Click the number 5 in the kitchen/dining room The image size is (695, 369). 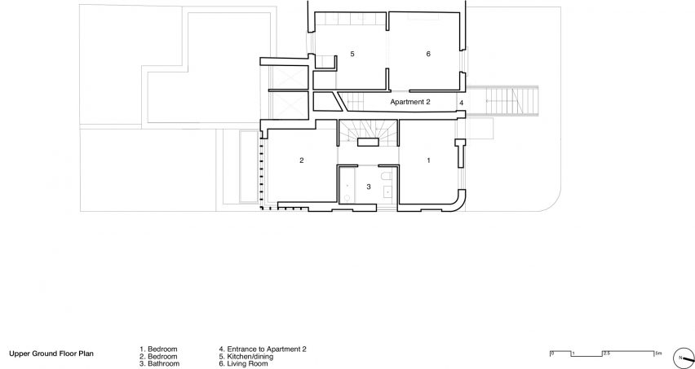pos(352,54)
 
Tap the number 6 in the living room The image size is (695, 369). pos(428,54)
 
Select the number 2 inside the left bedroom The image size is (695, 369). pos(302,160)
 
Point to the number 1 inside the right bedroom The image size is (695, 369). pos(428,160)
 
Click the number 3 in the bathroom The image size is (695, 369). pos(369,187)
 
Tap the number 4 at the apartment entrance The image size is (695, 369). pos(462,103)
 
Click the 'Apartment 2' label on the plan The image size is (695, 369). pos(410,102)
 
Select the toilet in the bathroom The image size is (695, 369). pos(387,176)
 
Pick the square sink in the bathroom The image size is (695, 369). pos(387,191)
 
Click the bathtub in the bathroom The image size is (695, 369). pos(347,186)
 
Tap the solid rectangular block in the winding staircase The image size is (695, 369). pos(369,142)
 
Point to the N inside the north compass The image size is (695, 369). pos(680,357)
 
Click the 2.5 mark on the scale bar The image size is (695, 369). pos(606,353)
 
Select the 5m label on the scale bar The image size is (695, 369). pos(658,353)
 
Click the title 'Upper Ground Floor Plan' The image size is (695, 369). pos(51,354)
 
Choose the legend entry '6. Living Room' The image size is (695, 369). pos(243,363)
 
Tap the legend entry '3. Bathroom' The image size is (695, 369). pos(160,363)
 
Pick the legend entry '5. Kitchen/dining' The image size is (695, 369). pos(246,356)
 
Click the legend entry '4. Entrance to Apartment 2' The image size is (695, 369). pos(263,349)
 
